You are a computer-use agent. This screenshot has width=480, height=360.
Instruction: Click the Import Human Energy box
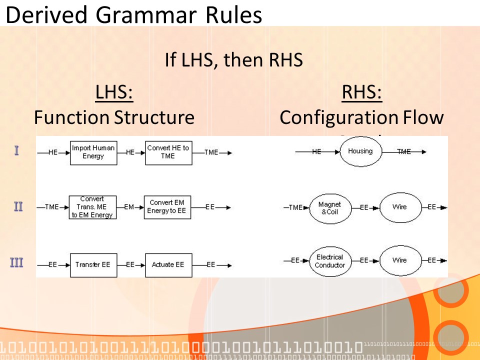pos(93,152)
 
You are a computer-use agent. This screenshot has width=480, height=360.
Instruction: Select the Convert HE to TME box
pos(168,152)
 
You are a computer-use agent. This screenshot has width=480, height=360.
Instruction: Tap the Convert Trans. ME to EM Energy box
pos(92,207)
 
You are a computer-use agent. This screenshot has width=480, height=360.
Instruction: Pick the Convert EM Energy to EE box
pos(166,207)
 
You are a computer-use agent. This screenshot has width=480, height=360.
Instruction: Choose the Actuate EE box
pos(168,264)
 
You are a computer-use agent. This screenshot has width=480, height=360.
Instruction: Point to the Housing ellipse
pos(360,151)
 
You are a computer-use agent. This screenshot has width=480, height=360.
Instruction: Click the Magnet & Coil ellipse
pos(329,207)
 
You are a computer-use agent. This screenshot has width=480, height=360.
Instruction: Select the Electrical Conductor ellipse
pos(329,260)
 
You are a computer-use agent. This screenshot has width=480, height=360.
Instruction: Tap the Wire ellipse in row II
pos(399,207)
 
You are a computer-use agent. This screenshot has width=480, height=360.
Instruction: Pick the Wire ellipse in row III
pos(399,260)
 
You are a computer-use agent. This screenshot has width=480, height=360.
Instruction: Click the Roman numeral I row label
pos(16,150)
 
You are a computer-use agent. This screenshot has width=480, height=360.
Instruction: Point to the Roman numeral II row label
pos(17,206)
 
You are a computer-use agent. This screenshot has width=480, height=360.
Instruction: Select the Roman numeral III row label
pos(17,262)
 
